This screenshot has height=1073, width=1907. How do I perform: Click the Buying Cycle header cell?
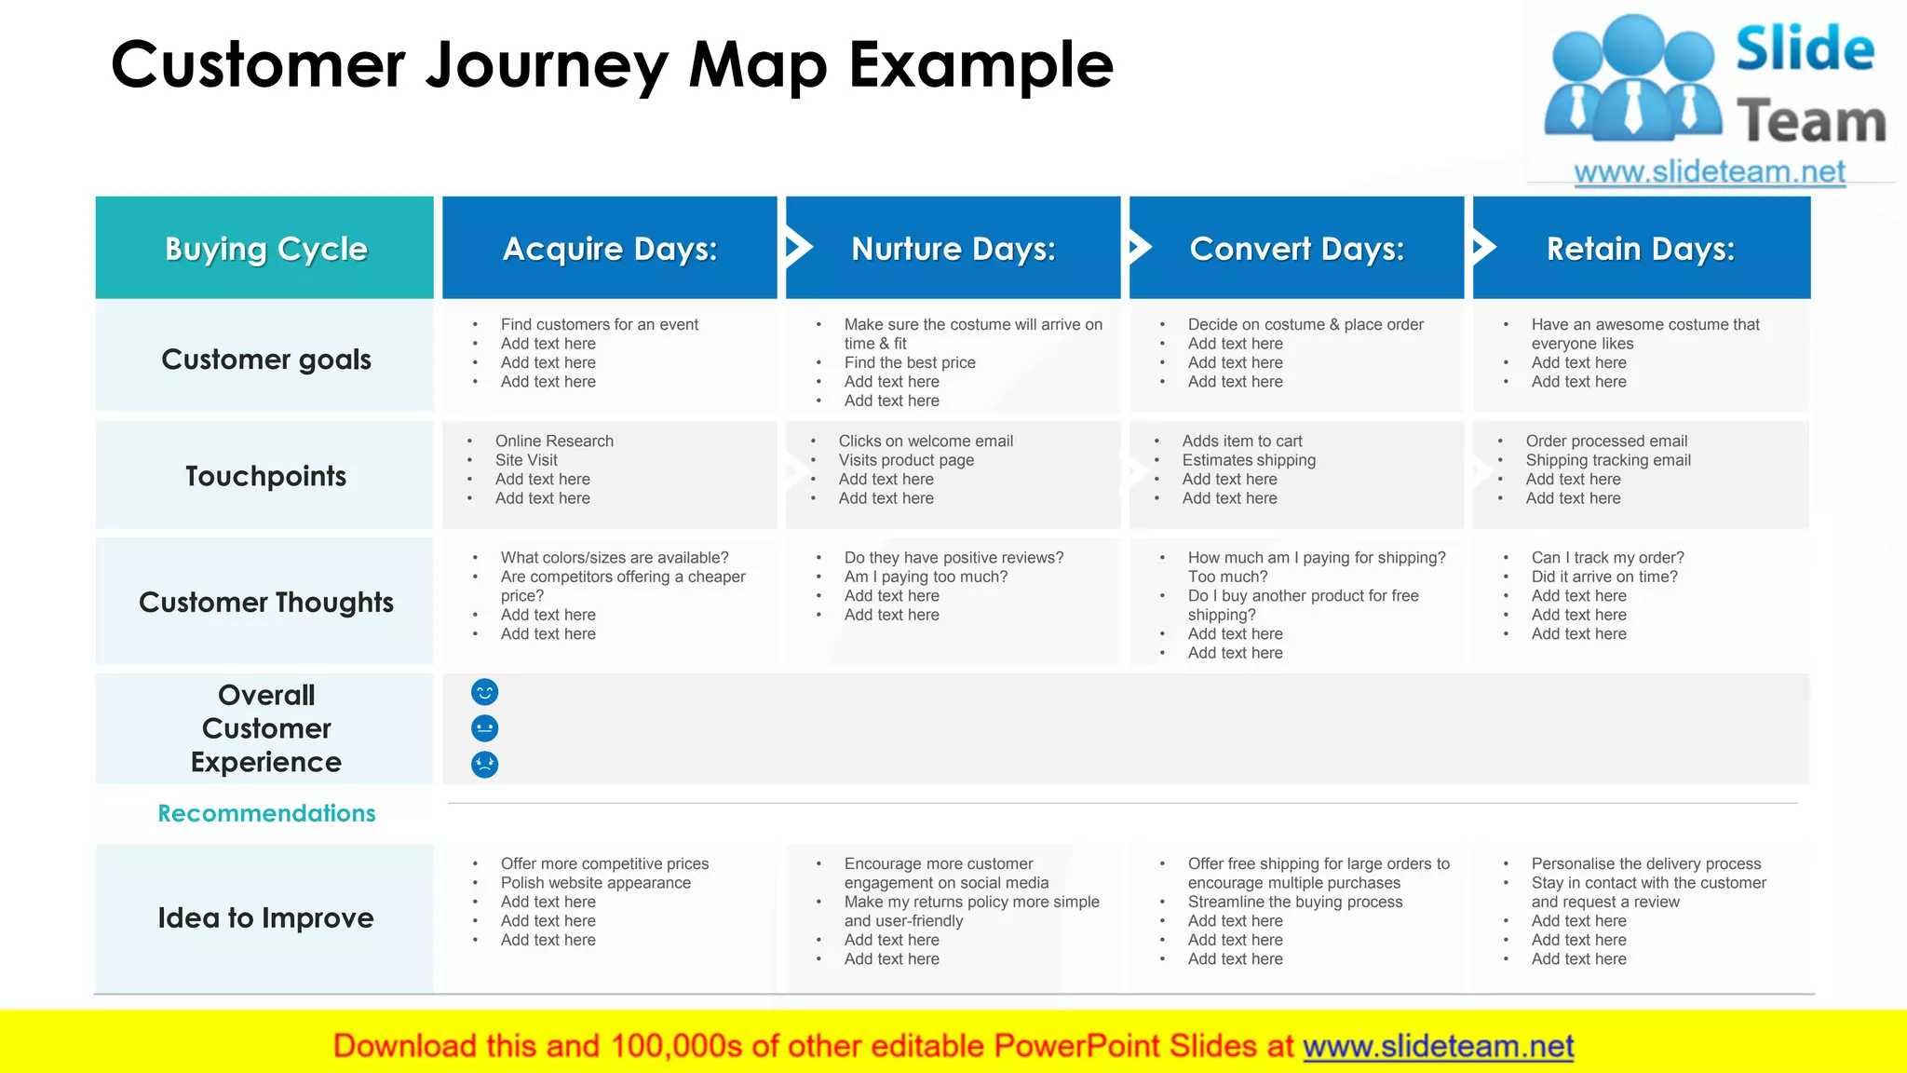(265, 249)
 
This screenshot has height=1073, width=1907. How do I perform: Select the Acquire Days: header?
(610, 249)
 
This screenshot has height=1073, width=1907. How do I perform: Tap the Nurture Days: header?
(953, 249)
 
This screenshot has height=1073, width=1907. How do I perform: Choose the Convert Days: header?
(1296, 249)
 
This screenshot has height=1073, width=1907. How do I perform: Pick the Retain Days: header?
(1641, 249)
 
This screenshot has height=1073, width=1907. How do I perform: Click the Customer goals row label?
(265, 360)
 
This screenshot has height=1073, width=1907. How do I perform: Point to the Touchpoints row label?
(265, 476)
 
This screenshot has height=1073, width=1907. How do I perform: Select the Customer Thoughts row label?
(265, 603)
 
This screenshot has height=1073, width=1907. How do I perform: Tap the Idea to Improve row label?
(265, 918)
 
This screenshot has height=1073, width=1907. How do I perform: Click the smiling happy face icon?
(485, 692)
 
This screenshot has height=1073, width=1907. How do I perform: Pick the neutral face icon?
(485, 728)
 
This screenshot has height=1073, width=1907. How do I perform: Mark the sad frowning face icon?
(485, 765)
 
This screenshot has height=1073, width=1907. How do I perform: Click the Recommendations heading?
(266, 813)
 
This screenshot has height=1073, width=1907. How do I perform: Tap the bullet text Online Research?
(554, 441)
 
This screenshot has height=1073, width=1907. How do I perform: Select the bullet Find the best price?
(910, 362)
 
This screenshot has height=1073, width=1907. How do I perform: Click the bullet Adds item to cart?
(1242, 441)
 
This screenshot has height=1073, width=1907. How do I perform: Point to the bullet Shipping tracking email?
(1608, 460)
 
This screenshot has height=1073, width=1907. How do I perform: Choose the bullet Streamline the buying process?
(1294, 902)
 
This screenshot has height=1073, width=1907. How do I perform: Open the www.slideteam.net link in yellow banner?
(1438, 1047)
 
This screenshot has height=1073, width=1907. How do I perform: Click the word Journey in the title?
(548, 65)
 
